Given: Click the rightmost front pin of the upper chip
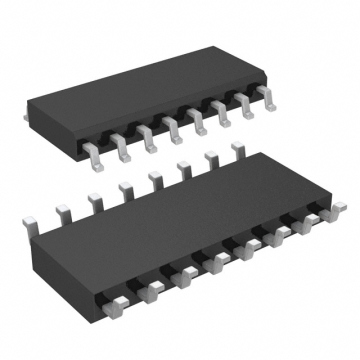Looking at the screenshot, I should click(268, 98).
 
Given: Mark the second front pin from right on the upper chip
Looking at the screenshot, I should click(246, 106).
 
